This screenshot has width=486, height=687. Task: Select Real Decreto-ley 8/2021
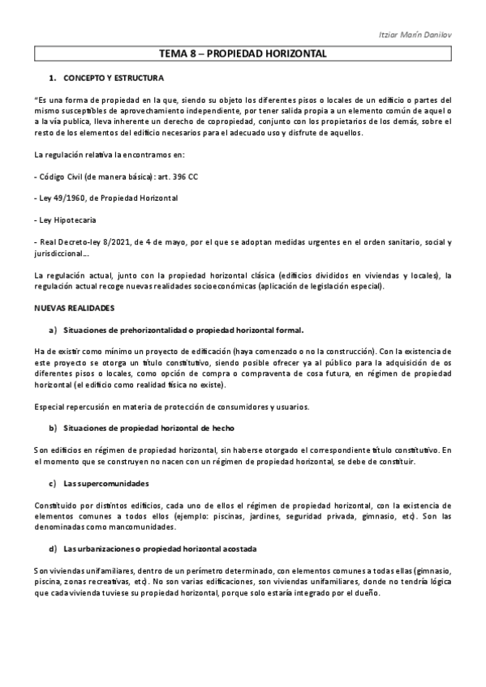[x=84, y=242]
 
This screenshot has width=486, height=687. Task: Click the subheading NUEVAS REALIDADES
[x=75, y=309]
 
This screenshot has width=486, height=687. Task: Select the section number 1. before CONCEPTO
[x=53, y=79]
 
